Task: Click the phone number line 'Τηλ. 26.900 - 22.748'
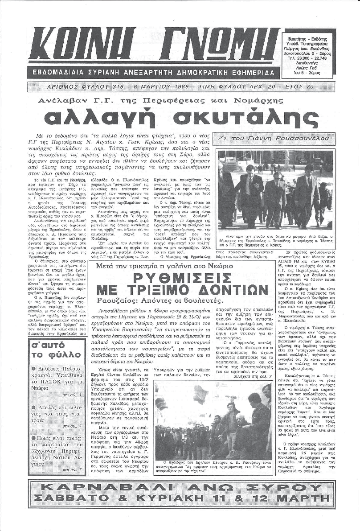click(x=307, y=58)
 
